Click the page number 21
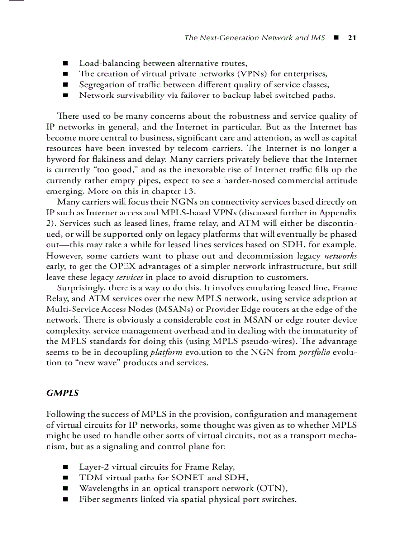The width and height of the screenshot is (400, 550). (x=351, y=38)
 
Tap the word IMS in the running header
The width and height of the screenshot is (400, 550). (x=317, y=38)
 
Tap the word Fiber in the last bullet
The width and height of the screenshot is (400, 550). (x=90, y=500)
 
